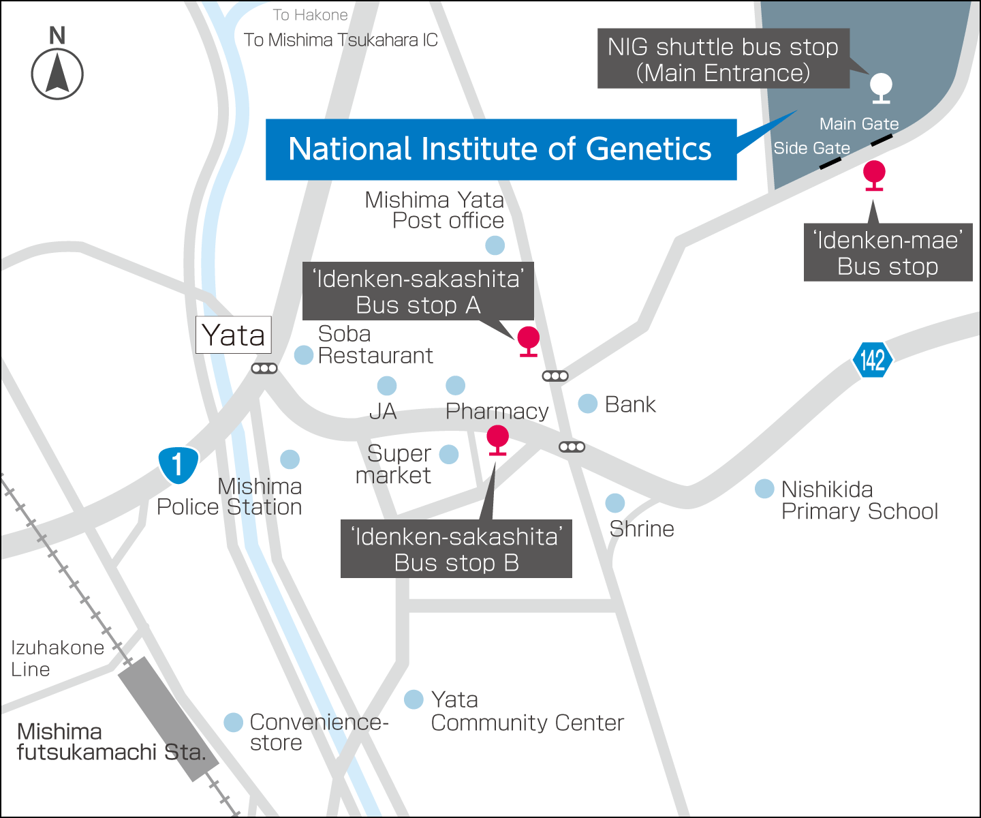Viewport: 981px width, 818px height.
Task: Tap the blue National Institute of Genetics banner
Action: (500, 149)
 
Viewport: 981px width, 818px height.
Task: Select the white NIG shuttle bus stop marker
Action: (881, 87)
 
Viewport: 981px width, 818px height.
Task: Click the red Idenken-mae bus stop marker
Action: (874, 174)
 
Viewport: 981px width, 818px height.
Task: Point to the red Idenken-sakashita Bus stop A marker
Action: (528, 339)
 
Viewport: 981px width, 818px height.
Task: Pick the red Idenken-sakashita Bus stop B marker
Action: (498, 438)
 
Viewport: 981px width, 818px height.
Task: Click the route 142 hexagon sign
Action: (872, 359)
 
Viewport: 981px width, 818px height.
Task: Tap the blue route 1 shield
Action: (178, 465)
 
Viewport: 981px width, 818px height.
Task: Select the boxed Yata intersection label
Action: (234, 335)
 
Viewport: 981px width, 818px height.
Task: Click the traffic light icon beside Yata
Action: (264, 369)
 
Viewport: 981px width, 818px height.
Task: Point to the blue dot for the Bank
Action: (587, 404)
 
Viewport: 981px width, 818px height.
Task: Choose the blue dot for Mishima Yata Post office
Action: (495, 245)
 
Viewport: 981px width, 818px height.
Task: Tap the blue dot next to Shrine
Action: (614, 503)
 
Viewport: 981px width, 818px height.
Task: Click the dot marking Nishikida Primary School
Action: (764, 488)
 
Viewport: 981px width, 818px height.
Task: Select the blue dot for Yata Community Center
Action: (414, 699)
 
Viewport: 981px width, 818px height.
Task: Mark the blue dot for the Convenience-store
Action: (233, 722)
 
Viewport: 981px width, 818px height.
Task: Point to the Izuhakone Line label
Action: (57, 658)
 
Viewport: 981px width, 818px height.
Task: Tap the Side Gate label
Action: (811, 148)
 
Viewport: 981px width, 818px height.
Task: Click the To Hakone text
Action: (310, 15)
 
